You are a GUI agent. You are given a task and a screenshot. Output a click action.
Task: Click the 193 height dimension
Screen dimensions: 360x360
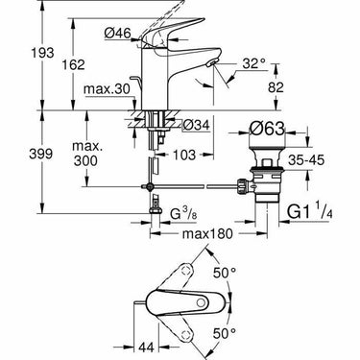[x=43, y=53]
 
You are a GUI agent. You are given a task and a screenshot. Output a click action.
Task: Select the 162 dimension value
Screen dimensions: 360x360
[x=73, y=64]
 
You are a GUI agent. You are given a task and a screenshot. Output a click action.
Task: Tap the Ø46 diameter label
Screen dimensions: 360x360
[x=118, y=33]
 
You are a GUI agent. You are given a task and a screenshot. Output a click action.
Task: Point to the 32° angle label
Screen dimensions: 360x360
[x=254, y=63]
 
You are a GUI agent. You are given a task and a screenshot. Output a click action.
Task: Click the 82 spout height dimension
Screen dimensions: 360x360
[x=276, y=87]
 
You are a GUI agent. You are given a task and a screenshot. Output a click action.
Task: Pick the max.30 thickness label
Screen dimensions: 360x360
[x=107, y=88]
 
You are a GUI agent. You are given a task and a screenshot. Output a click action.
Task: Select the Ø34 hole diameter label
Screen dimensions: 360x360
[x=197, y=125]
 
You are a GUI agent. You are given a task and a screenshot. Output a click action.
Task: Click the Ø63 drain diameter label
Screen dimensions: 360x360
[x=267, y=130]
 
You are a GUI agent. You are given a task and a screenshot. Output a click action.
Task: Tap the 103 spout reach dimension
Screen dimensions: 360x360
[x=183, y=156]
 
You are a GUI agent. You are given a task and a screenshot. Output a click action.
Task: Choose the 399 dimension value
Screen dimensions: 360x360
[x=41, y=155]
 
